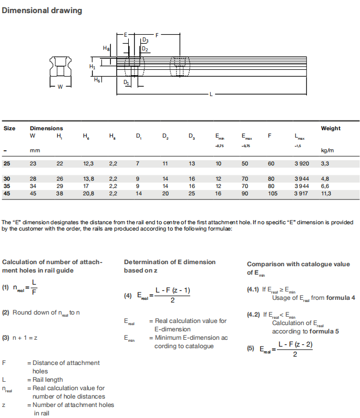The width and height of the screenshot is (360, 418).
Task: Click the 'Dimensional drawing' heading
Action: (42, 11)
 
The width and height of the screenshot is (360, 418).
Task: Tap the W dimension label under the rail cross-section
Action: (59, 87)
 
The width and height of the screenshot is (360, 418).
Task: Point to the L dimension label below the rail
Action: (211, 95)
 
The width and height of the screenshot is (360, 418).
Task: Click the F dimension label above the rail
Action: (157, 35)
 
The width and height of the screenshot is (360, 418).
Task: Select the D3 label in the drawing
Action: (145, 40)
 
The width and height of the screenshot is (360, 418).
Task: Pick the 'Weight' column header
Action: (331, 128)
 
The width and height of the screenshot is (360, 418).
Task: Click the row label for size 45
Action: (7, 194)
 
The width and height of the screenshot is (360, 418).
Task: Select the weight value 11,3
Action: (326, 194)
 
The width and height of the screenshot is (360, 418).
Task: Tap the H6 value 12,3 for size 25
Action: (88, 164)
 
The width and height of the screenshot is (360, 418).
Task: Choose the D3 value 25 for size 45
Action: (192, 194)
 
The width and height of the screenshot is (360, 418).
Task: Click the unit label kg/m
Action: (327, 151)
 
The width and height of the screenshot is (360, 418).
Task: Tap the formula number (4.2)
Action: (253, 316)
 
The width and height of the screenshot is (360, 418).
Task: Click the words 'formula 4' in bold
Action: (341, 298)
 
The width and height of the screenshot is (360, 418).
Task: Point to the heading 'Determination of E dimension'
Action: (170, 262)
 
